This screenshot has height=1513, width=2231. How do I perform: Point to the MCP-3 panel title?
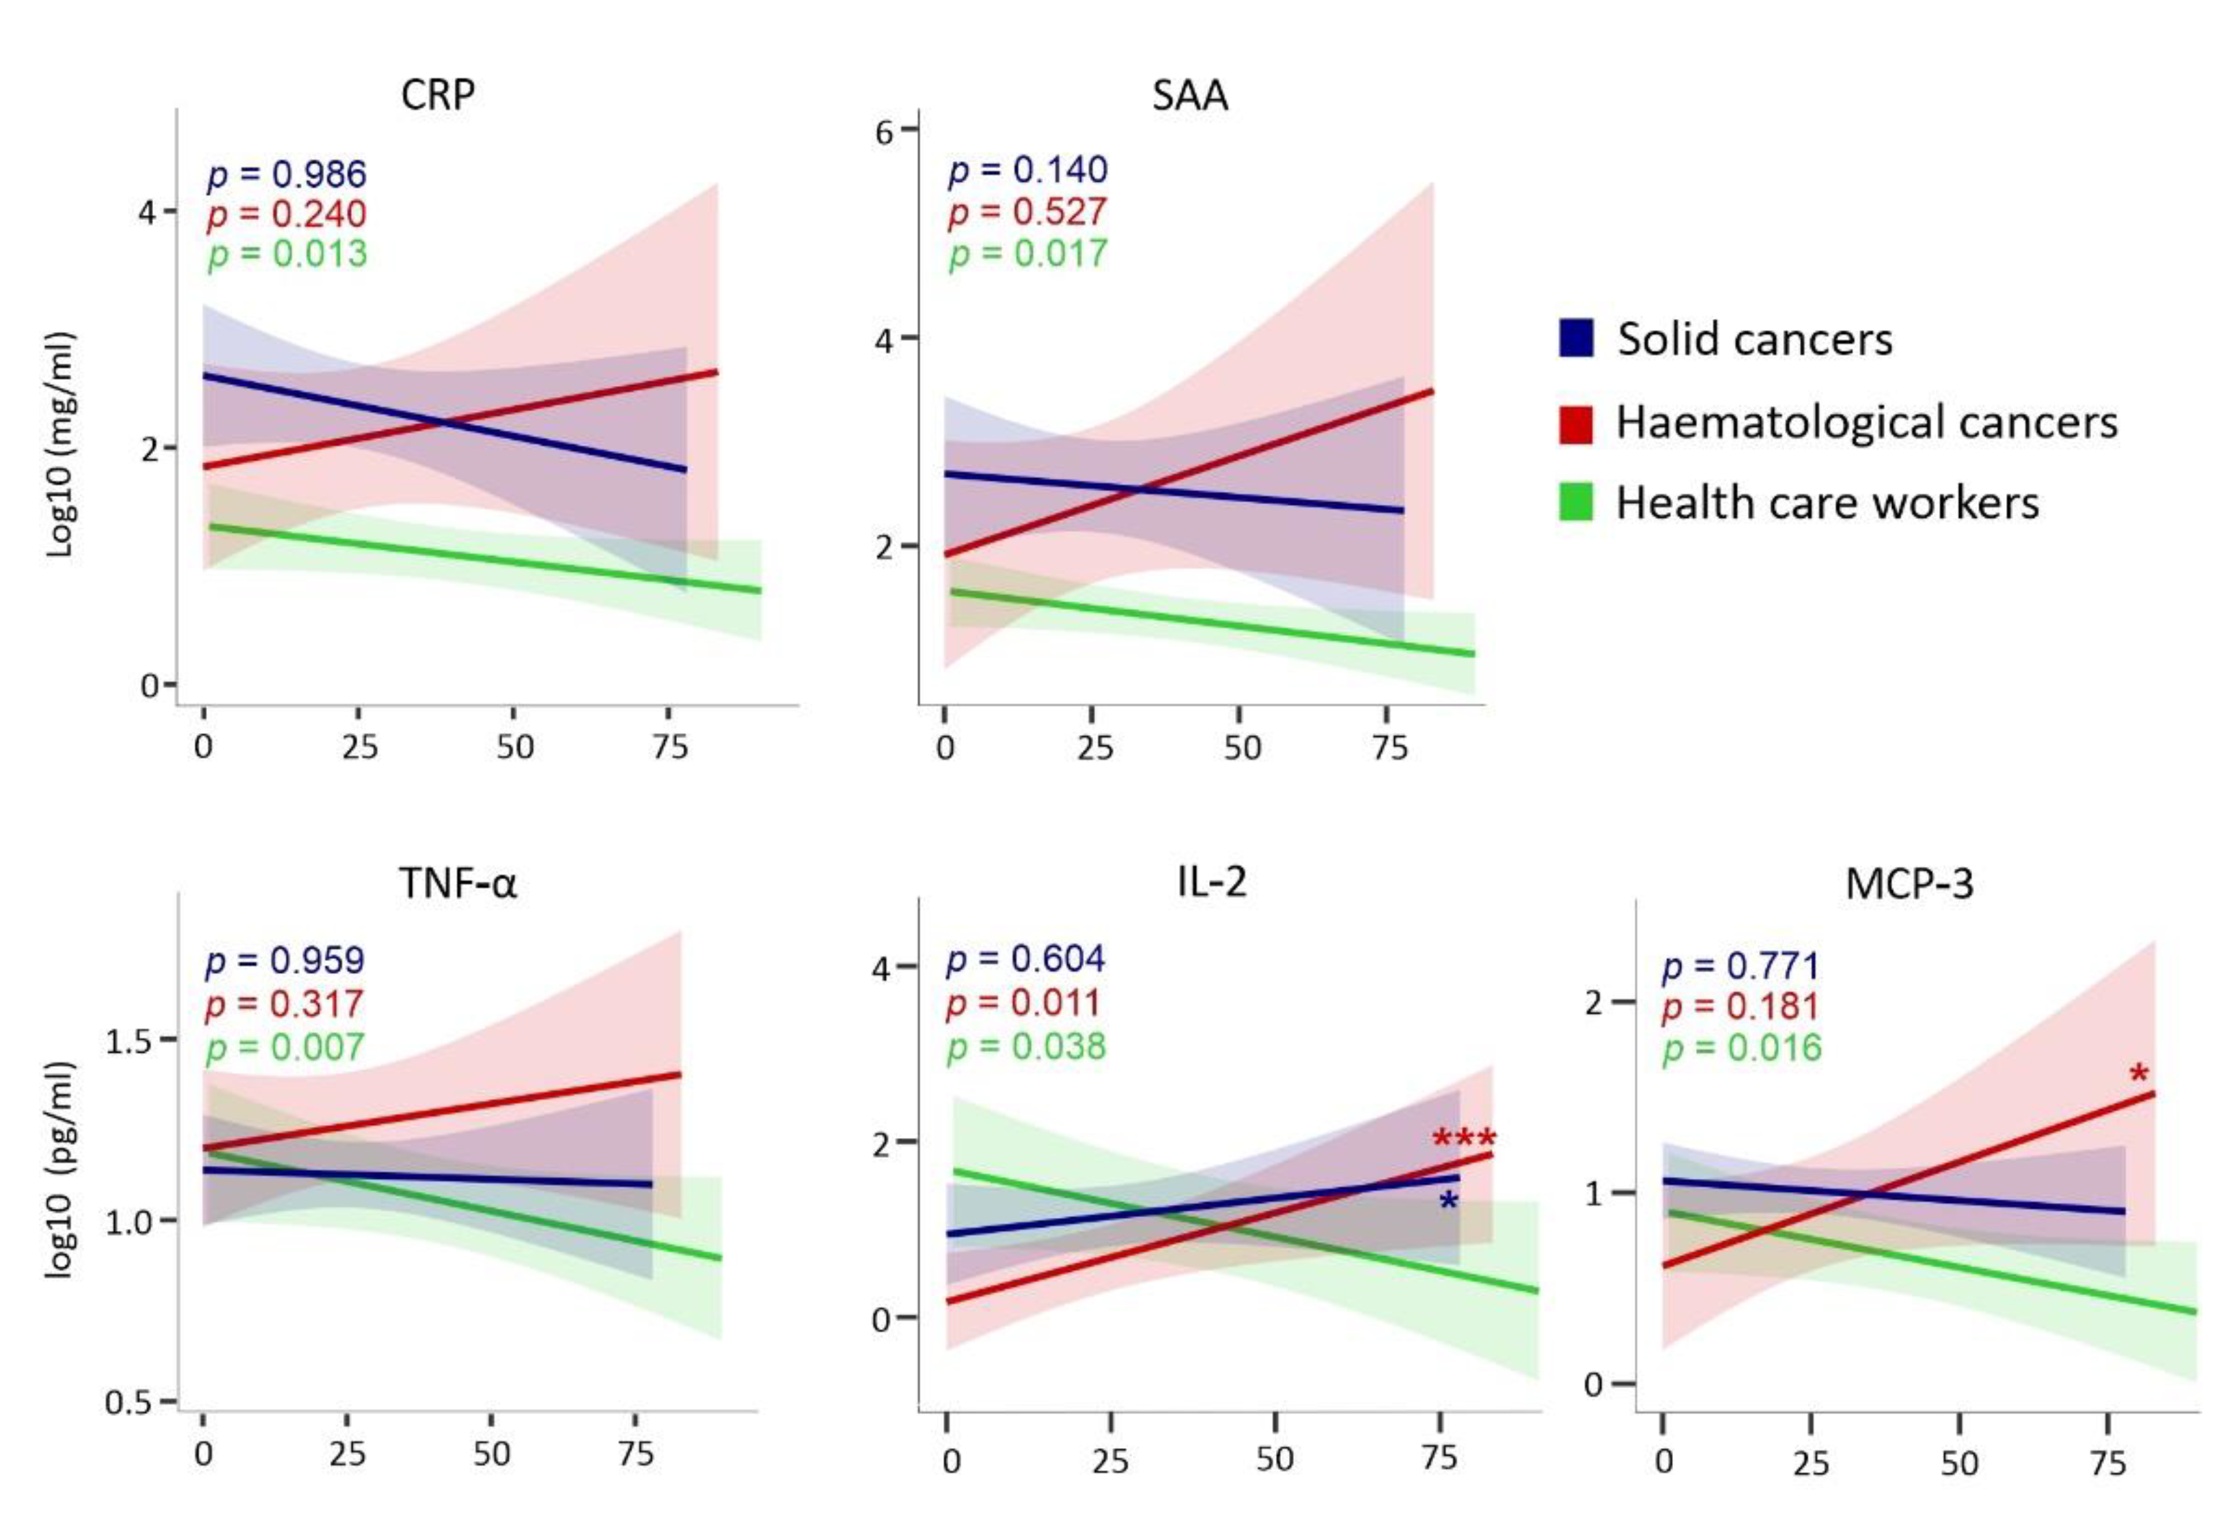[x=1909, y=883]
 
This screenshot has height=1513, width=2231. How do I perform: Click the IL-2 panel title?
[x=1212, y=880]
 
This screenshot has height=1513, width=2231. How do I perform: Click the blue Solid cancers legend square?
[x=1575, y=338]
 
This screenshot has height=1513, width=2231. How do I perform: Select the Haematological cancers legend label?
[x=1866, y=422]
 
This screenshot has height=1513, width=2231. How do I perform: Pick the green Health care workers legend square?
[x=1575, y=502]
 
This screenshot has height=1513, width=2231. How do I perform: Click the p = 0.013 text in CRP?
[x=287, y=254]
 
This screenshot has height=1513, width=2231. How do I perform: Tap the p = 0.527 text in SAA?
[x=1027, y=212]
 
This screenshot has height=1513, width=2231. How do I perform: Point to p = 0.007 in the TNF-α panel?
[x=284, y=1046]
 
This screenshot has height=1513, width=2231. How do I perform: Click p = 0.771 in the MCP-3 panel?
[x=1741, y=966]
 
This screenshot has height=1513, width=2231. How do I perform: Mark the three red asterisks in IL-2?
[x=1463, y=1139]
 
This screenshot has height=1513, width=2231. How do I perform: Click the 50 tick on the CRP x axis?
[x=514, y=747]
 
